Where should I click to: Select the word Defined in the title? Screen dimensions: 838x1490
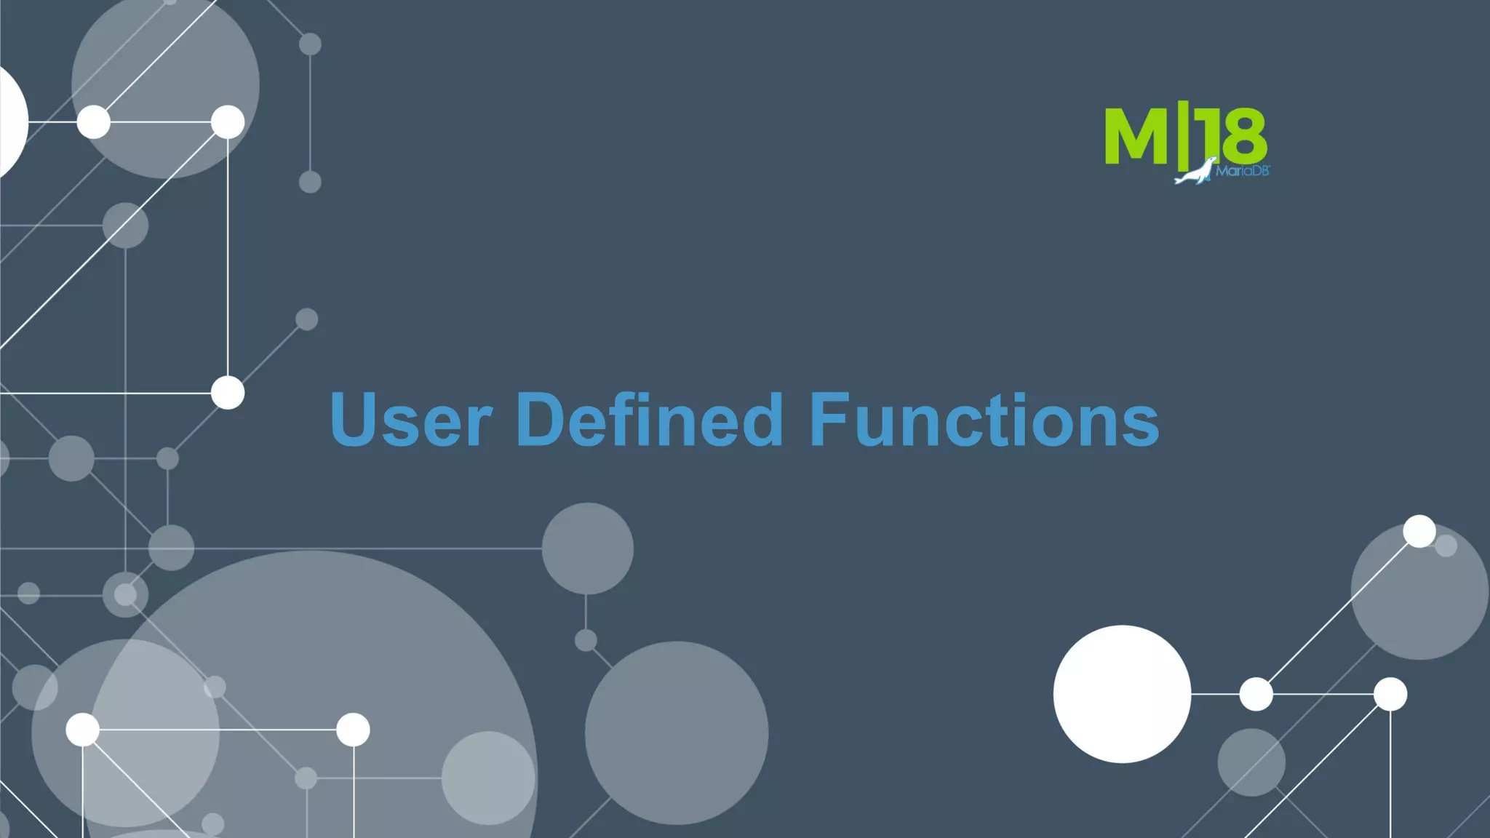(649, 420)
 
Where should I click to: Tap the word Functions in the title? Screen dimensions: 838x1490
(984, 420)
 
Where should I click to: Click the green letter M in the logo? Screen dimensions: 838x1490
(1136, 136)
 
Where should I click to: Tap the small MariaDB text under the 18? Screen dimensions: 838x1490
(1242, 171)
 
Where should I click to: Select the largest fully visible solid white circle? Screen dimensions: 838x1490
(1122, 694)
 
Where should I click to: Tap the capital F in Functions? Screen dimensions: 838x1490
(829, 420)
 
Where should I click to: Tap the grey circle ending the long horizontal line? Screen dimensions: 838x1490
(587, 548)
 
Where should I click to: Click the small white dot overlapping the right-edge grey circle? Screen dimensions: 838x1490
(1419, 531)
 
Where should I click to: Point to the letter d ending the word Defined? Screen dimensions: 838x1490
(761, 420)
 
